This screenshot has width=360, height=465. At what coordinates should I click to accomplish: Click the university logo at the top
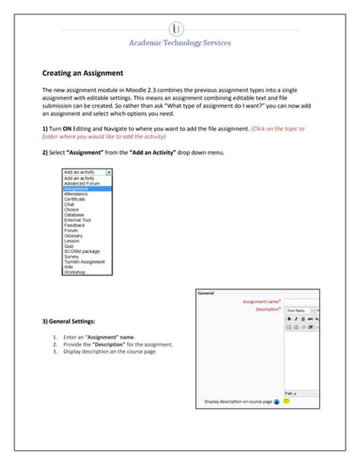tap(179, 29)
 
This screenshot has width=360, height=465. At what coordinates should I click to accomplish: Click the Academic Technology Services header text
tap(180, 43)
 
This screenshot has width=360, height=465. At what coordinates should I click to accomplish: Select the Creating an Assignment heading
tap(83, 73)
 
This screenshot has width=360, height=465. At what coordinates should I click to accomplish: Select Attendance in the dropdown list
tap(77, 193)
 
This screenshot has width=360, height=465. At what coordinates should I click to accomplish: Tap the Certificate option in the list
tap(76, 198)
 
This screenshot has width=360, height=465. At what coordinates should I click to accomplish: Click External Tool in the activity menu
tap(78, 220)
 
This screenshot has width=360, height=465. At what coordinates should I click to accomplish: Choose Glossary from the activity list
tap(74, 236)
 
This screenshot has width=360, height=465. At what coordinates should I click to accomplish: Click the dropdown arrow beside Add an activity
tap(109, 172)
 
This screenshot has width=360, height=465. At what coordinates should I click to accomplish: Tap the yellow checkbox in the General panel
tap(286, 400)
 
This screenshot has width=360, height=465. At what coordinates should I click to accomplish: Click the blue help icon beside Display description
tap(276, 400)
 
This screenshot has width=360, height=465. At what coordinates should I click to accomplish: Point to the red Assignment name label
tap(261, 302)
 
